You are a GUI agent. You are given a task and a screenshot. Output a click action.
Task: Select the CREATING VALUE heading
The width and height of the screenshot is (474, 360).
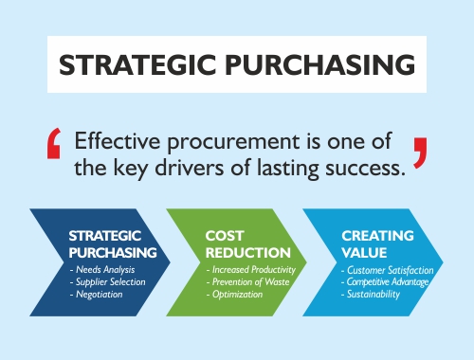[x=376, y=243]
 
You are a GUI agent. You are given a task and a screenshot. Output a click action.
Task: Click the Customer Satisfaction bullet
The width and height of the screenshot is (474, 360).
[x=386, y=271]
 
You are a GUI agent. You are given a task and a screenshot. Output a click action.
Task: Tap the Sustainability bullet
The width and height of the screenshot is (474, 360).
[x=374, y=296]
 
